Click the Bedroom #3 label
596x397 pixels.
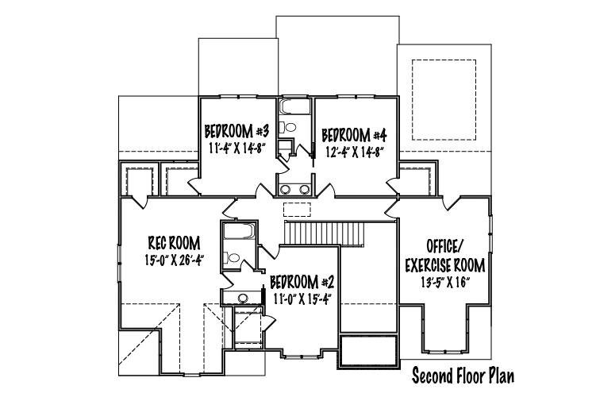(x=236, y=132)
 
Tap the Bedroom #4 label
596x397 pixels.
(x=354, y=135)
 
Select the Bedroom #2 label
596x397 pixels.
(x=302, y=283)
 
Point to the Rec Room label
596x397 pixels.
(x=174, y=243)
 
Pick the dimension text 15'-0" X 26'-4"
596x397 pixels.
(x=175, y=260)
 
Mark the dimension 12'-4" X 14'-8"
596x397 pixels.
(x=354, y=152)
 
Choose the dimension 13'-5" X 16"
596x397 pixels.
(x=445, y=283)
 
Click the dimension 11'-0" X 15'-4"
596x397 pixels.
(x=300, y=299)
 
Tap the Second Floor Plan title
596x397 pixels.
(x=463, y=376)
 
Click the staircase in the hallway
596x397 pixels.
(x=325, y=233)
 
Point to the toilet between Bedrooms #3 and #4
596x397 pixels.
(x=287, y=126)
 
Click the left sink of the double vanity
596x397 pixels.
(x=285, y=189)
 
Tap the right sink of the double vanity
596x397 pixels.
(x=304, y=189)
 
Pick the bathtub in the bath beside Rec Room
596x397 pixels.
(x=238, y=231)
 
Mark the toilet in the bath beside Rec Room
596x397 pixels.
(x=231, y=258)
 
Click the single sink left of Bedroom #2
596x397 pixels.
(x=242, y=298)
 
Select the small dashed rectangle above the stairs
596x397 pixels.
(x=298, y=210)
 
